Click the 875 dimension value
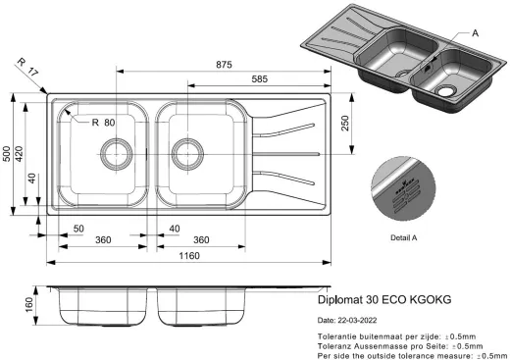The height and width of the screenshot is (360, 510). tap(224, 65)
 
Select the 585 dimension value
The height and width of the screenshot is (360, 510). tap(260, 79)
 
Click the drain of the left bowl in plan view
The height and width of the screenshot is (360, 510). tap(115, 152)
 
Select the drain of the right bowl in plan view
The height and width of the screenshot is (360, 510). tap(184, 152)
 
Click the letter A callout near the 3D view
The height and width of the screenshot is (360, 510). tap(475, 33)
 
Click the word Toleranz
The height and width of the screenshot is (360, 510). tap(338, 346)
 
